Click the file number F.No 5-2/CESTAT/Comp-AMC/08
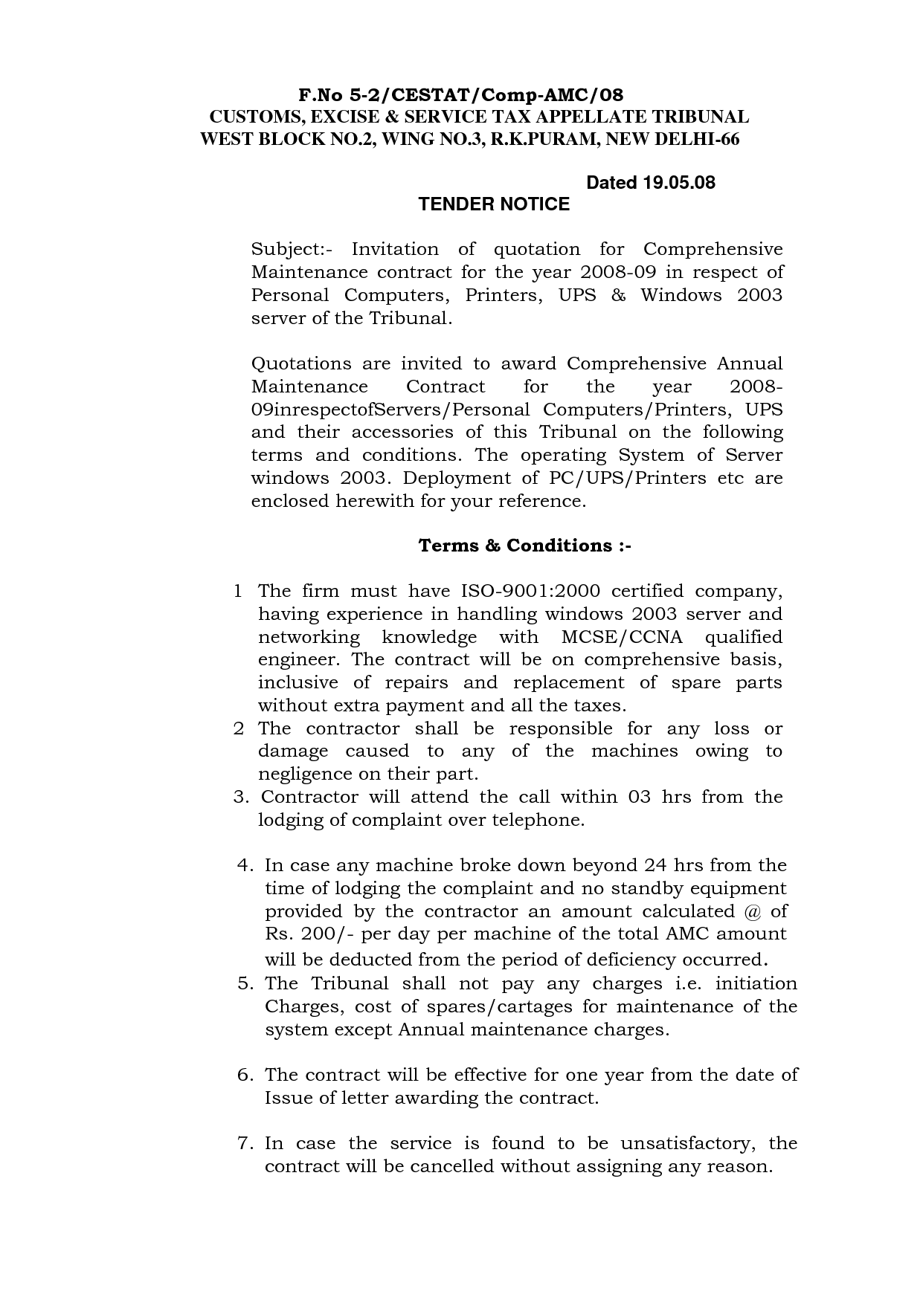(460, 95)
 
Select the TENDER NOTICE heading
(494, 204)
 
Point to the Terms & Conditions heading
(524, 546)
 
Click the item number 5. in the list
(246, 984)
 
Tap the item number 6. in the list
(246, 1075)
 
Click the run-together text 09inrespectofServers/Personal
(390, 410)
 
